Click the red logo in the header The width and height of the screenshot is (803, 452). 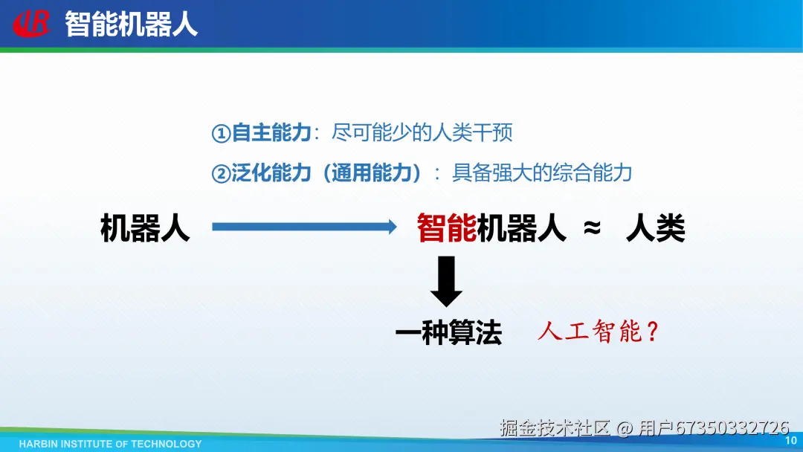point(32,24)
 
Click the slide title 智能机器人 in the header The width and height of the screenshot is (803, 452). point(131,24)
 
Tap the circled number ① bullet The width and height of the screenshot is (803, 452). point(221,134)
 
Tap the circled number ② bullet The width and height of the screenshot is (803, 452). point(221,174)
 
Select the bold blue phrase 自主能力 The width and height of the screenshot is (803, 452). point(271,132)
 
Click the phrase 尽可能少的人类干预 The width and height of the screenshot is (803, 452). point(422,132)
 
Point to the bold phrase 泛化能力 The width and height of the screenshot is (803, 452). point(271,173)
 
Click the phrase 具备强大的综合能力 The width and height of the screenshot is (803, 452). point(542,173)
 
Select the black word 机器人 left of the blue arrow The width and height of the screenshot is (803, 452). point(146,227)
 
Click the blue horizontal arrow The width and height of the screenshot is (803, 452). point(304,226)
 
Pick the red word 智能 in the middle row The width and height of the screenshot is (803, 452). point(447,227)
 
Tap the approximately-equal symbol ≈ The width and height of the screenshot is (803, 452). point(592,227)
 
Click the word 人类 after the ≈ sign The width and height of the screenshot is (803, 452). point(656,227)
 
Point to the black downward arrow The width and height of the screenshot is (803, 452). point(446,281)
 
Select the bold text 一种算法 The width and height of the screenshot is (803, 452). point(448,333)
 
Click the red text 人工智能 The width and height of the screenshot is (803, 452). point(590,331)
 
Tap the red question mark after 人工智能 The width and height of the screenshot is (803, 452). point(653,331)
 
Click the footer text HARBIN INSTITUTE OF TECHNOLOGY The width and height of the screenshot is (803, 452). point(111,444)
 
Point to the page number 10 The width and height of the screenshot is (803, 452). point(790,440)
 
